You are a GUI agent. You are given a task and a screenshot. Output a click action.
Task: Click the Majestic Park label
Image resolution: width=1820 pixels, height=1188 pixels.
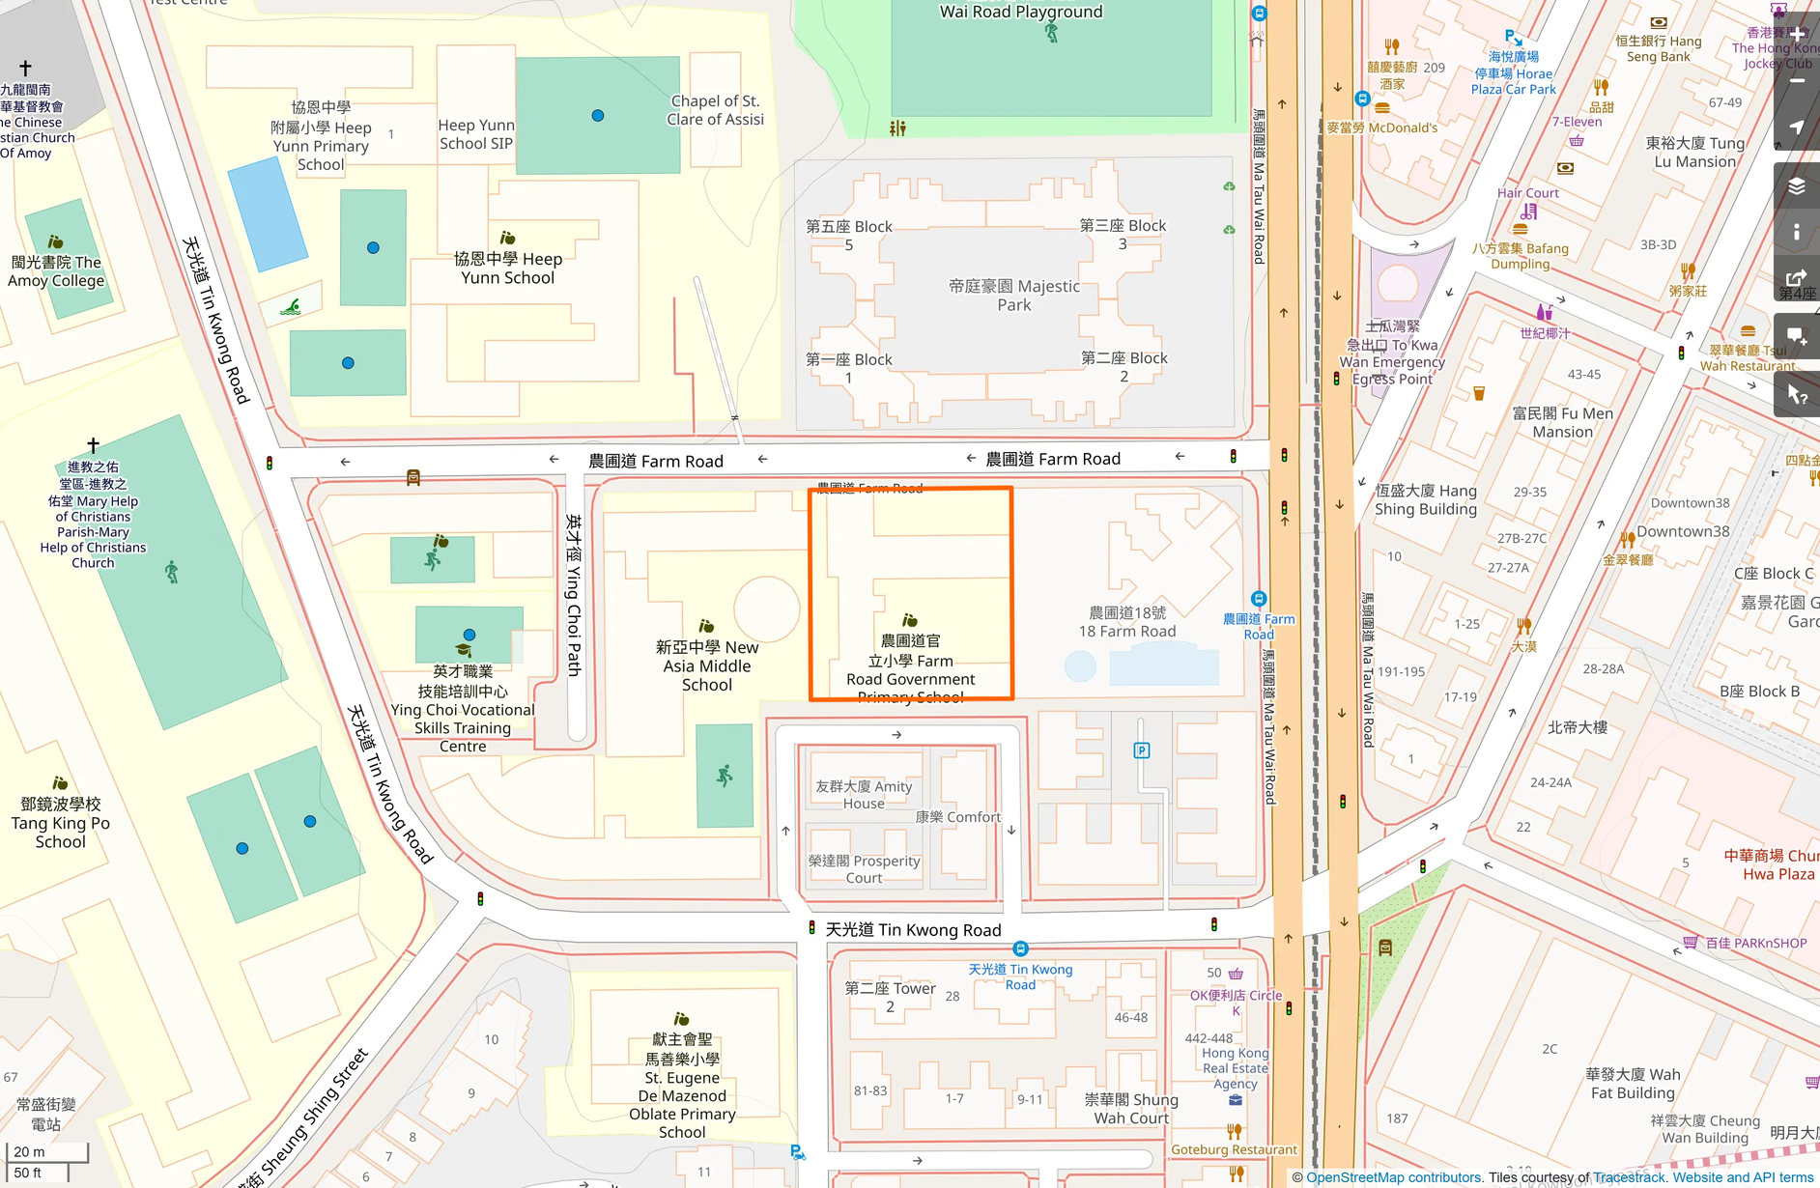pos(1013,296)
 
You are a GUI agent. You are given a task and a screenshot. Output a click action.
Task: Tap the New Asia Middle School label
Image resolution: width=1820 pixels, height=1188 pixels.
pos(707,665)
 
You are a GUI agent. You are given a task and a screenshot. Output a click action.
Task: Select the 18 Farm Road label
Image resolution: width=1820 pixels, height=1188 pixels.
pos(1127,622)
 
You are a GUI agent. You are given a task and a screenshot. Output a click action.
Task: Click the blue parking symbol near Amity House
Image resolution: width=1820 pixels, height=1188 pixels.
pos(1141,750)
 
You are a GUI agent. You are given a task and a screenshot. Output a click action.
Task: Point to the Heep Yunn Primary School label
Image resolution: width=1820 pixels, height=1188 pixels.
pos(321,136)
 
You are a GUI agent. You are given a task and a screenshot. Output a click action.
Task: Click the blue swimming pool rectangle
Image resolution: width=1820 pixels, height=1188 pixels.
pos(268,213)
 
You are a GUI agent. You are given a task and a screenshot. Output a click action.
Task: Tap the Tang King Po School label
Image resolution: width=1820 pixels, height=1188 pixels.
pos(61,823)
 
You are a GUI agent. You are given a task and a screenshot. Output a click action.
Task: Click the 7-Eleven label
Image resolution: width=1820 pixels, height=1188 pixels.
pos(1577,122)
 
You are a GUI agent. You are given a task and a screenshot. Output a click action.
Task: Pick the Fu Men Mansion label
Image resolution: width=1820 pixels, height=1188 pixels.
pos(1562,423)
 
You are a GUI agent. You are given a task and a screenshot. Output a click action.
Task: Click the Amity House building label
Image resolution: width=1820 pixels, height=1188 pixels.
pos(864,795)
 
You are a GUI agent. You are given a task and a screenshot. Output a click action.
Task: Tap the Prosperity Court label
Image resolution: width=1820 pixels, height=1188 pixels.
pos(864,869)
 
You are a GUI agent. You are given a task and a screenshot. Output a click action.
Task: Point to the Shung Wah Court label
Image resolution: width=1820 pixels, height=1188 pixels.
pos(1131,1109)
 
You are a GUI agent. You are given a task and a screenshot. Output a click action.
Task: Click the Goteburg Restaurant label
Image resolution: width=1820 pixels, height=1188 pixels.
pos(1234,1149)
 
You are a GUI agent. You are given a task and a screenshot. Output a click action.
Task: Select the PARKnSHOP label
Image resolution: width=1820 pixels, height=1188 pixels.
pos(1755,943)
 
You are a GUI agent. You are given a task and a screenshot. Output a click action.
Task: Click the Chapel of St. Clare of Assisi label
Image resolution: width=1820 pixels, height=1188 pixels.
pos(715,110)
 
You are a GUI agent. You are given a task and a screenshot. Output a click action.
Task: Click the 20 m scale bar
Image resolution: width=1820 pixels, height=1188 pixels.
pos(46,1152)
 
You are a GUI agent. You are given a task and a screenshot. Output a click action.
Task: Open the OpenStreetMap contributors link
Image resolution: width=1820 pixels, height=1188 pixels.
pos(1393,1177)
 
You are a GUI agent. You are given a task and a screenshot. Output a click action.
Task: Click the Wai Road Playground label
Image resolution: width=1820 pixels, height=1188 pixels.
pos(1020,12)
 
